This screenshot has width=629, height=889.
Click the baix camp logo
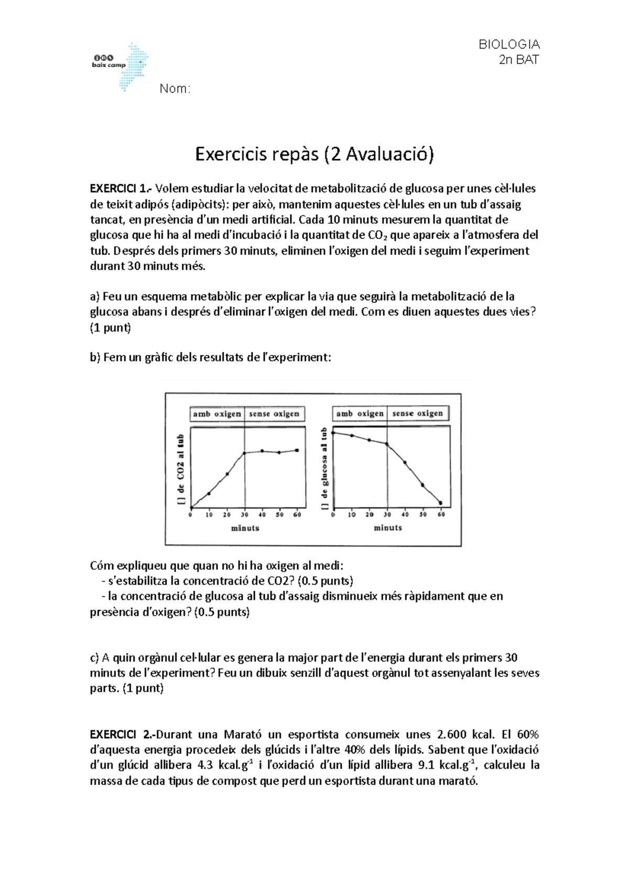point(120,66)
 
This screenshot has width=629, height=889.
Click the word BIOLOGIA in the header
point(509,44)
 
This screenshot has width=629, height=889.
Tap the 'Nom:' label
point(175,89)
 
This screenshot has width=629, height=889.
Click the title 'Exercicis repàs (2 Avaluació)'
point(314,154)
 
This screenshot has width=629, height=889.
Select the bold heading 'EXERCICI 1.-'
point(121,188)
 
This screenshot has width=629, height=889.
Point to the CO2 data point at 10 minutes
point(209,493)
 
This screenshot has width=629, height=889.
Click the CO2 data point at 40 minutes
point(262,451)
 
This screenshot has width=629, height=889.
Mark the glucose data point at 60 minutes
point(440,503)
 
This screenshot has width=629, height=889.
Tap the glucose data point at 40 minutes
point(405,462)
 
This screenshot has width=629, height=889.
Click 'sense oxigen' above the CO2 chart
point(274,414)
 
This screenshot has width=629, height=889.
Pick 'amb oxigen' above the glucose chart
point(360,413)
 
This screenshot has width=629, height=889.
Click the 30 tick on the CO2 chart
point(245,515)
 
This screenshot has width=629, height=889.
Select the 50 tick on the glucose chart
point(423,515)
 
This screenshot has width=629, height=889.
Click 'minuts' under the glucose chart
point(388,528)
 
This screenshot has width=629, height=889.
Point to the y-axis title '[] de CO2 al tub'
point(181,470)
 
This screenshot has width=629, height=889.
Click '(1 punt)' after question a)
point(111,328)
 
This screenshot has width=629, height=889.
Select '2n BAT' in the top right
point(518,60)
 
